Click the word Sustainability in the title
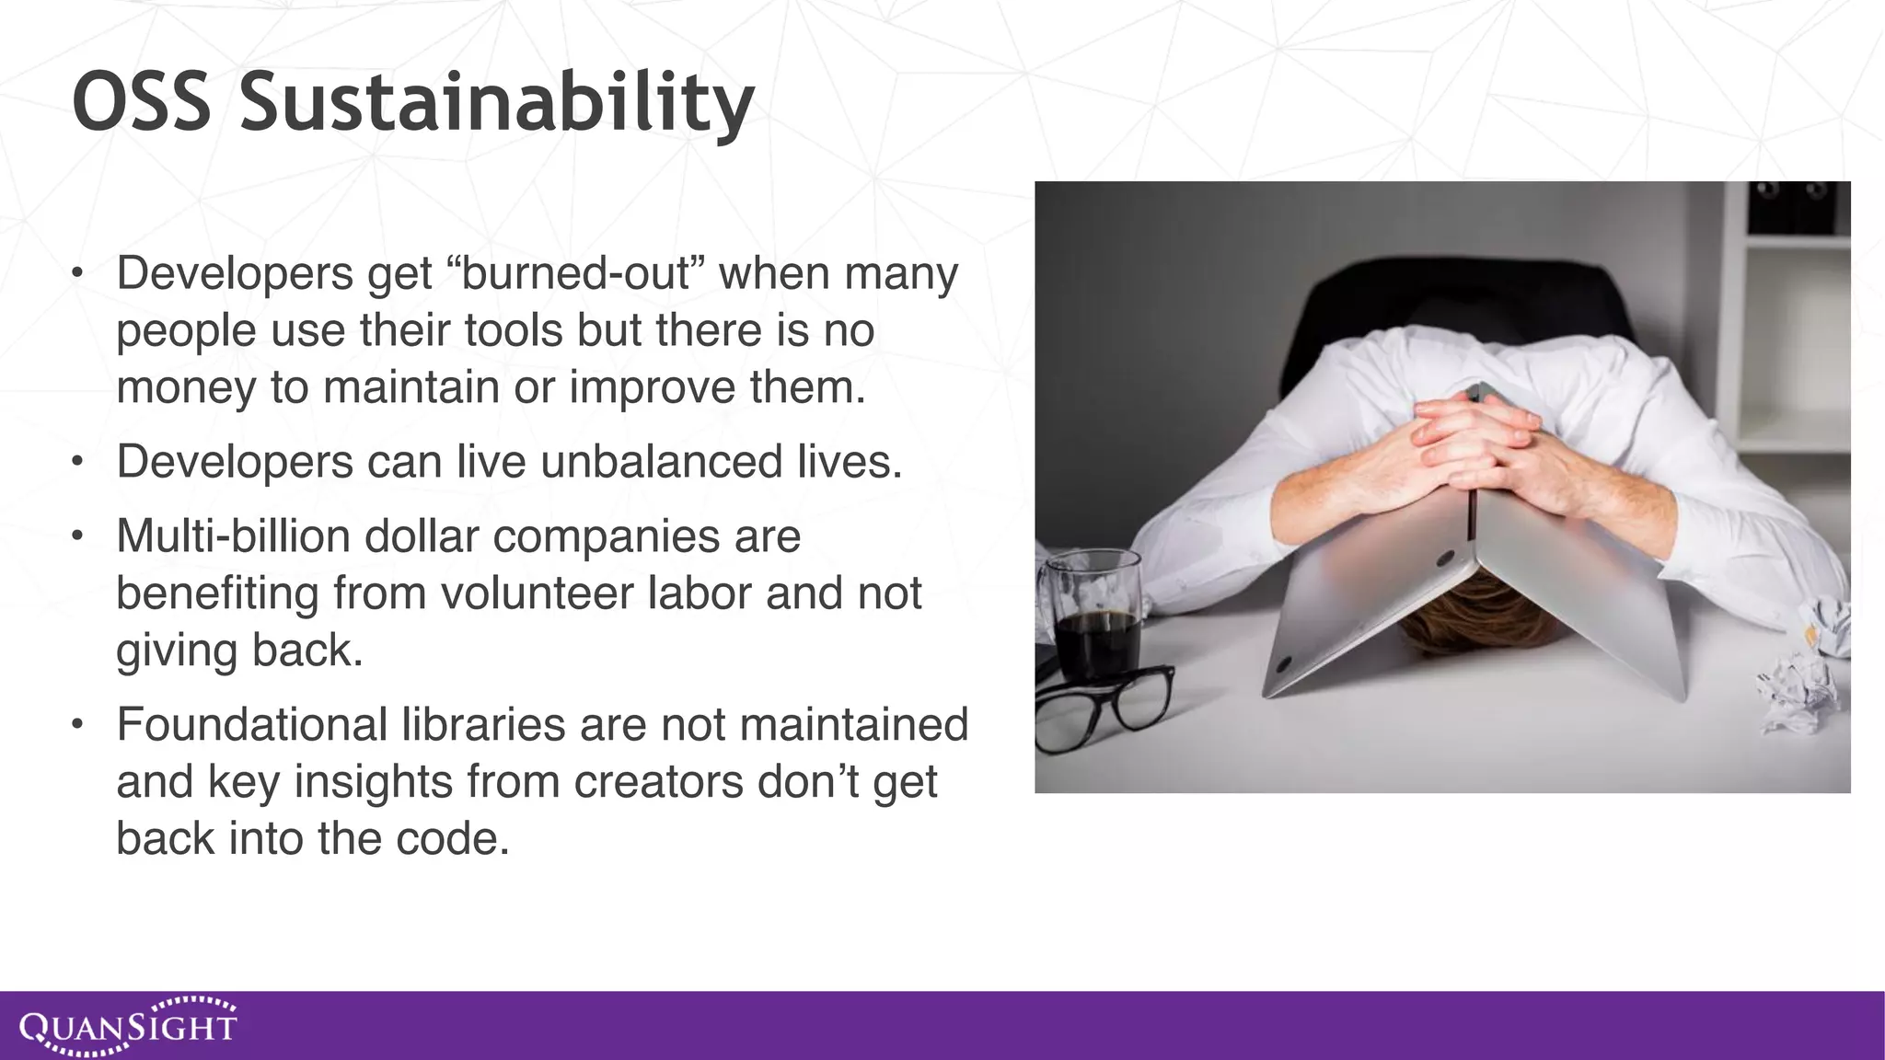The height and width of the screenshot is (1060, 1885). coord(497,103)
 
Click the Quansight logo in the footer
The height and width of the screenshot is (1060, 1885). coord(128,1026)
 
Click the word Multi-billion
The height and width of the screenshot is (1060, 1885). coord(233,536)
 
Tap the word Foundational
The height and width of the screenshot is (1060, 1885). coord(251,725)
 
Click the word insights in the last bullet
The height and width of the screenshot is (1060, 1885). coord(374,782)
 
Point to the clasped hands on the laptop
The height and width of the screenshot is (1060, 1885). coord(1473,442)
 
